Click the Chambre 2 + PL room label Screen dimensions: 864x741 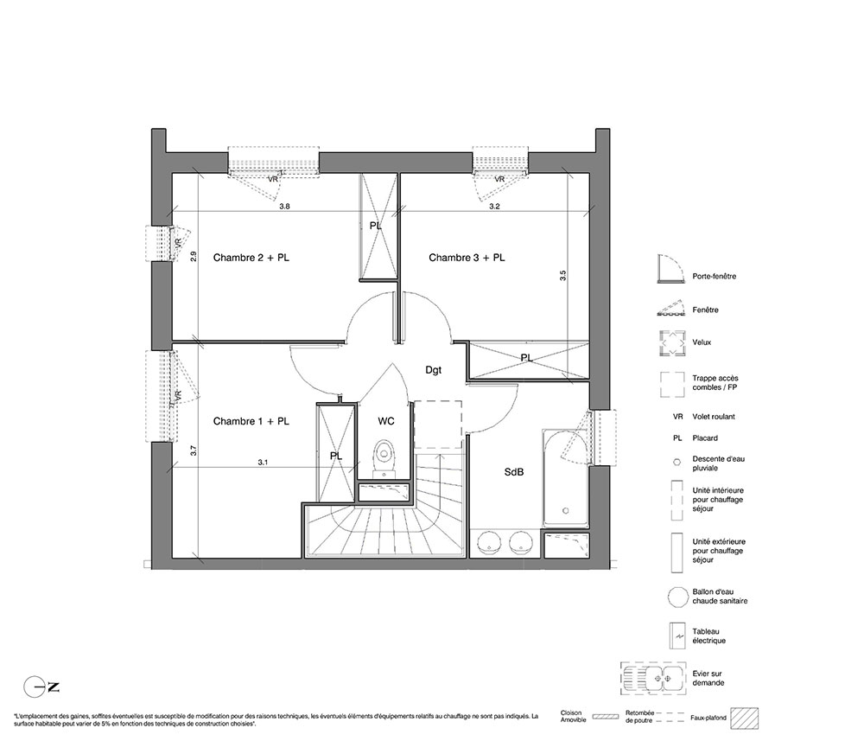tap(251, 258)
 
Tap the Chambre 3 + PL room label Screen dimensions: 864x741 tap(467, 258)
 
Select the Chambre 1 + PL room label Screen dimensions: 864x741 tap(251, 421)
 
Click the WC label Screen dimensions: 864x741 tap(385, 421)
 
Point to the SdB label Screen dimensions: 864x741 tap(513, 472)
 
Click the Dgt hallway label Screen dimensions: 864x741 tap(433, 370)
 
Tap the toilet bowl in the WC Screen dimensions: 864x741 tap(384, 457)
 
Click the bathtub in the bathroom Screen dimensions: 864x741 tap(565, 478)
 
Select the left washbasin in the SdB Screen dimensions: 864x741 tap(488, 542)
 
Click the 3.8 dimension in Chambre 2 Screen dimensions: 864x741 tap(284, 207)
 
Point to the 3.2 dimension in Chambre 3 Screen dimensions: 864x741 tap(494, 207)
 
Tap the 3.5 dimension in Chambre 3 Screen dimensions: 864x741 tap(562, 276)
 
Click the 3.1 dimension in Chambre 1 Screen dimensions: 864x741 tap(263, 463)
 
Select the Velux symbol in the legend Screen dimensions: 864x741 tap(671, 342)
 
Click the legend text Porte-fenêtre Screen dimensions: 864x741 tap(715, 276)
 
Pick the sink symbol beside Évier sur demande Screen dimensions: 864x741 tap(653, 678)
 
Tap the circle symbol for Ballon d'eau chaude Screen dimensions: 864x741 tap(677, 597)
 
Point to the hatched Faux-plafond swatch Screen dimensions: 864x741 tap(745, 719)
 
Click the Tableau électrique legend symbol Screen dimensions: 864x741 tap(677, 636)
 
